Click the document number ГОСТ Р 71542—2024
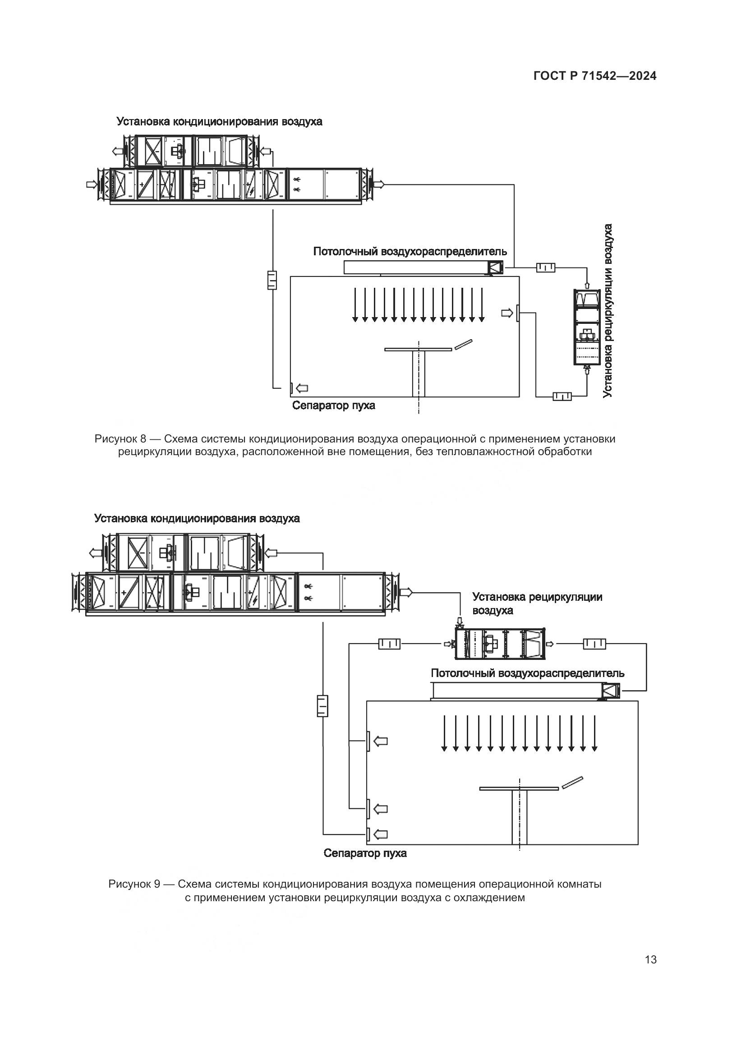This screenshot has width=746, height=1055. (595, 76)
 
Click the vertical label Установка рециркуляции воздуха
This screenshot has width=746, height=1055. (608, 311)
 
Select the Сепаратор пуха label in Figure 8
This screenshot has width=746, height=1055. (333, 405)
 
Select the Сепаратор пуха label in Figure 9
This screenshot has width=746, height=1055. (365, 853)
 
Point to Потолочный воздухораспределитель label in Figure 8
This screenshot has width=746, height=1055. (410, 251)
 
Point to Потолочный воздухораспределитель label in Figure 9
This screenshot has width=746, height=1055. (528, 673)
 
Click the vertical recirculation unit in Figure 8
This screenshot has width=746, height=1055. (587, 327)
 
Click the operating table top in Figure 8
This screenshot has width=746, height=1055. (418, 350)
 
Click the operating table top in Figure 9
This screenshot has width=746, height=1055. (519, 788)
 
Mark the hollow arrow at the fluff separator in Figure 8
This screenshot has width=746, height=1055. (302, 388)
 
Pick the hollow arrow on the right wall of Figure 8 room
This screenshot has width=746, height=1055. (507, 313)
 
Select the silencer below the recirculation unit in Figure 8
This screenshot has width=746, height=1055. (562, 396)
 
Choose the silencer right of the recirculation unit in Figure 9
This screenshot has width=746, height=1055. (594, 644)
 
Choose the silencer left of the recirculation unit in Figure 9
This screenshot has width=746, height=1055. (389, 644)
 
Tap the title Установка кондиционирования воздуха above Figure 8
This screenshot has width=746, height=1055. (219, 121)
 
